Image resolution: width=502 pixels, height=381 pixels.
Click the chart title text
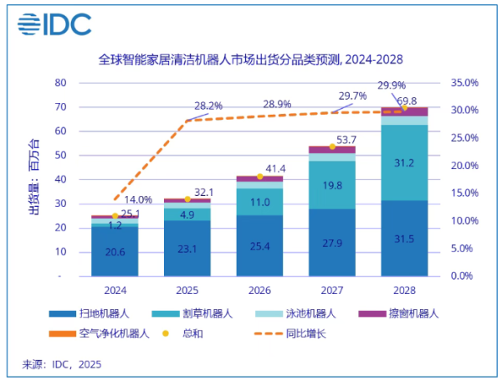point(250,61)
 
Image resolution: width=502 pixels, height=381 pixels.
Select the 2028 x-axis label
point(404,290)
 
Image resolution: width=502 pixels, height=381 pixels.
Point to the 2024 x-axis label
point(115,290)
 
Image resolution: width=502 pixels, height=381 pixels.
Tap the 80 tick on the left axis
point(60,83)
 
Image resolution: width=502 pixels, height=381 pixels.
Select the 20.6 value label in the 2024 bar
point(115,250)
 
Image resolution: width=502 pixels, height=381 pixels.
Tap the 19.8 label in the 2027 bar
point(332,185)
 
